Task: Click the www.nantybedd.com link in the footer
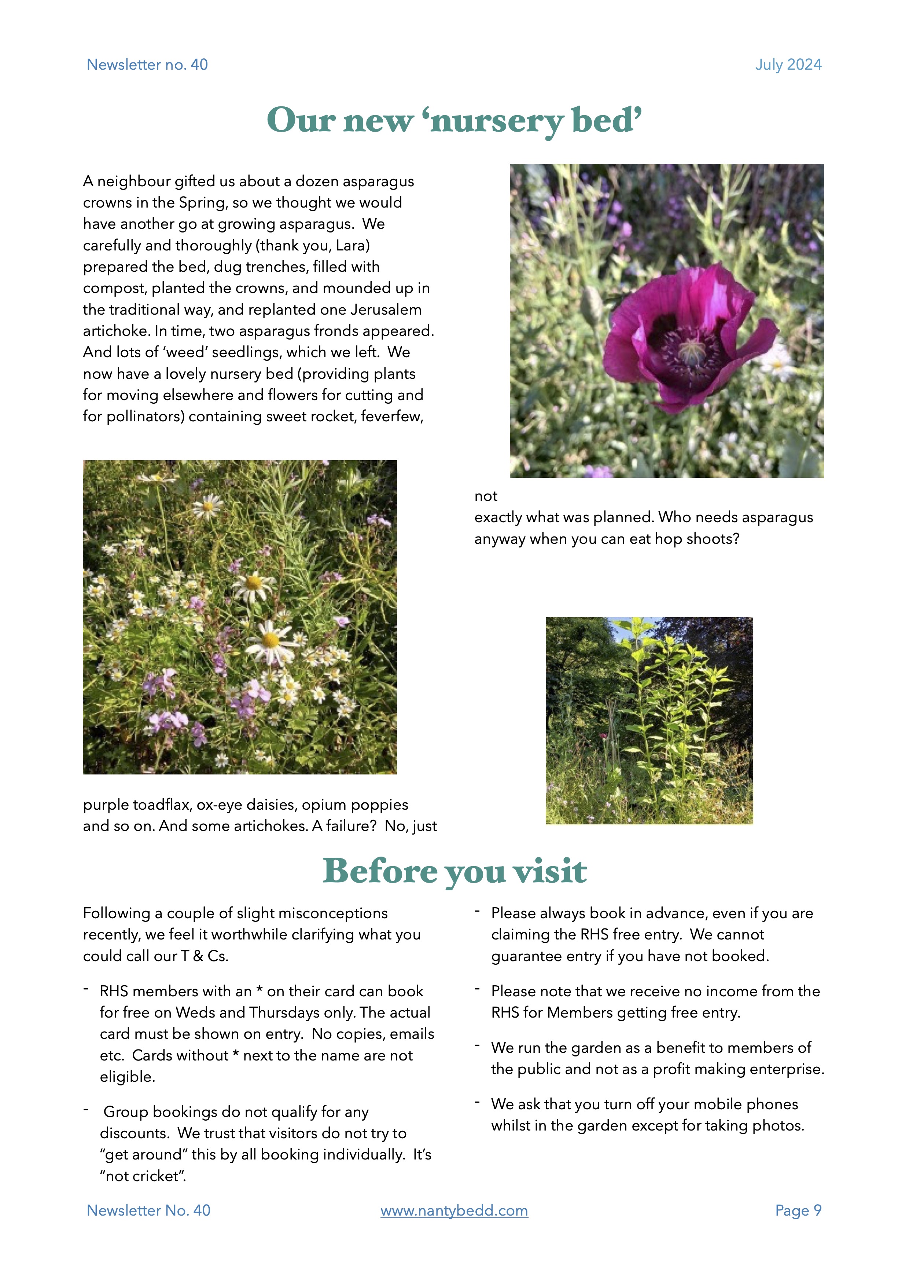pos(454,1210)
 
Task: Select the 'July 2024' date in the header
pos(788,65)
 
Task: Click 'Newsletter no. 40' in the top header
pos(147,65)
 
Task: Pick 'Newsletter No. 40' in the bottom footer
pos(148,1210)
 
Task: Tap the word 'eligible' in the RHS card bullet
pos(126,1077)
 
